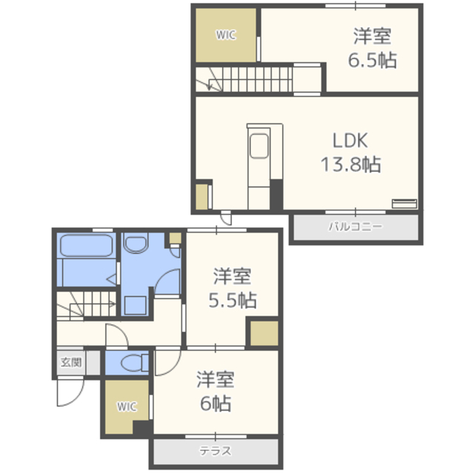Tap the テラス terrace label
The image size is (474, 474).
click(x=216, y=451)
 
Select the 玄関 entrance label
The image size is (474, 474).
click(x=70, y=363)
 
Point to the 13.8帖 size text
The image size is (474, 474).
click(x=350, y=164)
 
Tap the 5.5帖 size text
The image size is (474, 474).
click(x=233, y=300)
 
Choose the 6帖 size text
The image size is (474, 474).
click(x=215, y=404)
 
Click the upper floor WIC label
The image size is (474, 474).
click(x=226, y=35)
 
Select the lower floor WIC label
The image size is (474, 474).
click(x=127, y=407)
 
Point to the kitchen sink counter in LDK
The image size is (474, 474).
click(x=259, y=148)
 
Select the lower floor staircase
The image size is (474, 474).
click(x=86, y=304)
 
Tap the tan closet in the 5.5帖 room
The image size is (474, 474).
click(x=263, y=333)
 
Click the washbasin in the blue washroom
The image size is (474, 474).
click(x=136, y=244)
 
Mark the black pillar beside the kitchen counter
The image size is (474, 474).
click(x=276, y=195)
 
